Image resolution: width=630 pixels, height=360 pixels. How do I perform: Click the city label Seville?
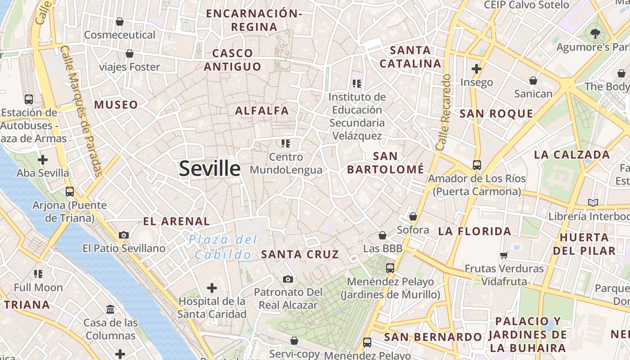pyautogui.click(x=210, y=168)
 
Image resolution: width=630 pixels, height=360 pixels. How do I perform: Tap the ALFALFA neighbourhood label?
pyautogui.click(x=262, y=111)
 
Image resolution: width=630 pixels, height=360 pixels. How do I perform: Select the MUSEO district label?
pyautogui.click(x=116, y=105)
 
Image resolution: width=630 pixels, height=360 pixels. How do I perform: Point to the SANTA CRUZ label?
pyautogui.click(x=300, y=254)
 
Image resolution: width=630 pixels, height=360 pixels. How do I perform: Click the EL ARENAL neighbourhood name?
pyautogui.click(x=176, y=221)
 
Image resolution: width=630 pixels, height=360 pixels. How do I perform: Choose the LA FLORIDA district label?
pyautogui.click(x=475, y=232)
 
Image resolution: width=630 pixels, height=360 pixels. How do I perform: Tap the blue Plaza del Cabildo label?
pyautogui.click(x=223, y=247)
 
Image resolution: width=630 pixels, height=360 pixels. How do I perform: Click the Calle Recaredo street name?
pyautogui.click(x=443, y=112)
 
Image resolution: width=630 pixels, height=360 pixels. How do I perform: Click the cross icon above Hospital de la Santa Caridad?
pyautogui.click(x=211, y=288)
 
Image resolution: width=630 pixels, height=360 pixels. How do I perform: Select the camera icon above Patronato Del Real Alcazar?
pyautogui.click(x=288, y=279)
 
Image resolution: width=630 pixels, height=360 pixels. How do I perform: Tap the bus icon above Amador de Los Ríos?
pyautogui.click(x=477, y=165)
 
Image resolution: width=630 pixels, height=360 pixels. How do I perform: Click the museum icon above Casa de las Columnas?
pyautogui.click(x=110, y=309)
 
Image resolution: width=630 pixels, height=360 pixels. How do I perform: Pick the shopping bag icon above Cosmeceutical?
pyautogui.click(x=120, y=21)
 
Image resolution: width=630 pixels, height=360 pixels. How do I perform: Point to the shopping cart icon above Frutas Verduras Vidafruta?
pyautogui.click(x=504, y=255)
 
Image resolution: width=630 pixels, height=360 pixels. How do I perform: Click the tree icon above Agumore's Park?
pyautogui.click(x=595, y=33)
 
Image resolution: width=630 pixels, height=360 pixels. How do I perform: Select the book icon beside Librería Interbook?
pyautogui.click(x=593, y=203)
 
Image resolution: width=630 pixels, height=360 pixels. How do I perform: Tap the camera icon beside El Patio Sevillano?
pyautogui.click(x=124, y=235)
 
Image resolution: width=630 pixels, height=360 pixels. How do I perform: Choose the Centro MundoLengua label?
pyautogui.click(x=286, y=163)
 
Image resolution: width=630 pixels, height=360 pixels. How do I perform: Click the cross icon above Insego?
pyautogui.click(x=477, y=69)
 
